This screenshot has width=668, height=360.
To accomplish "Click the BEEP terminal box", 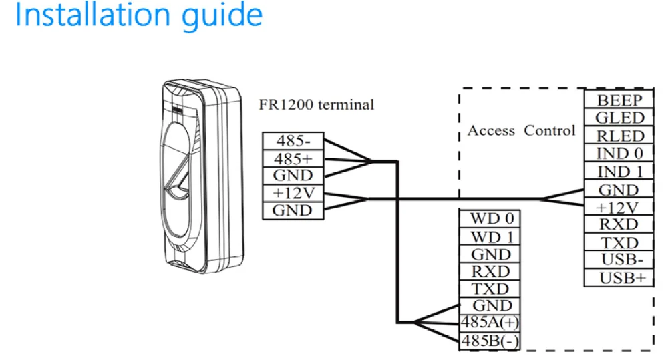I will (x=619, y=100).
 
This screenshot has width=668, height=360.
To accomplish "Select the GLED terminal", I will (x=619, y=118).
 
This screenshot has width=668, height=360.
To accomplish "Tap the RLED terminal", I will (x=619, y=136).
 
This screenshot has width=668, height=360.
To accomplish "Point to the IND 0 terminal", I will (x=619, y=154).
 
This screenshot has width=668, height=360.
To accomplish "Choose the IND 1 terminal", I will (x=619, y=172).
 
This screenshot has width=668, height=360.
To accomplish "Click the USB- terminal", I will (x=619, y=260).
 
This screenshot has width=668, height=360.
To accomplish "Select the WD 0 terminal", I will (x=490, y=219).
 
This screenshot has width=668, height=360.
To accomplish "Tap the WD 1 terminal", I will (x=490, y=237).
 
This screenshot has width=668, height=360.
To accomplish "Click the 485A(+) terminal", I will (x=490, y=323).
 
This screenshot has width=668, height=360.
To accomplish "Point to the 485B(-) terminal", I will (x=490, y=341).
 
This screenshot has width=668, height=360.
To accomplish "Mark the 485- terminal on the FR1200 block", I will (x=293, y=142).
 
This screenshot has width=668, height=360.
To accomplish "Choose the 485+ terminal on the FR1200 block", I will (x=293, y=159).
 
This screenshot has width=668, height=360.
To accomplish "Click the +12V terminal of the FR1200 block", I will (x=293, y=194).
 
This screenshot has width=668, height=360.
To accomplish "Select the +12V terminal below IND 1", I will (x=619, y=207).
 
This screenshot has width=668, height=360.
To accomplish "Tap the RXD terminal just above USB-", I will (x=619, y=224).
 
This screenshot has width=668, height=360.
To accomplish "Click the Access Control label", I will (x=521, y=131).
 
